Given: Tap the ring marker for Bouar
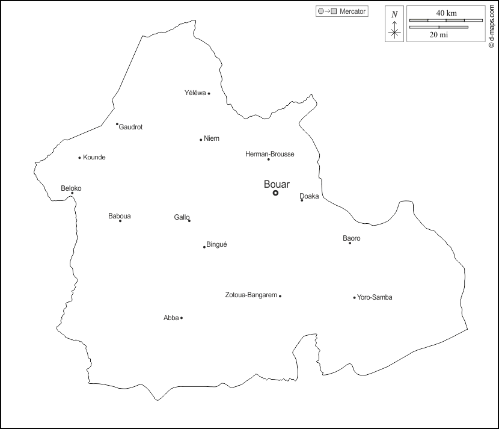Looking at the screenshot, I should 275,193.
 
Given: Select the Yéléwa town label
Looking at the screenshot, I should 195,93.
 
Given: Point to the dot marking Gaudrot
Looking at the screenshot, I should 117,124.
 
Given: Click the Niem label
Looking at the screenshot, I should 212,138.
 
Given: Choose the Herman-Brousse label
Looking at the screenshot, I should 270,154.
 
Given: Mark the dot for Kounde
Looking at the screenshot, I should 79,158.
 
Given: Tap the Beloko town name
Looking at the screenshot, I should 71,188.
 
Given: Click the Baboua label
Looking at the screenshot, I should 120,216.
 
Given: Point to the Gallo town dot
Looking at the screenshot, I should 189,221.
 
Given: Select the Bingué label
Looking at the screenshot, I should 216,244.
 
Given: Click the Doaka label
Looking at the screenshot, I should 309,196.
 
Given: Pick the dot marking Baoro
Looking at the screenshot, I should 350,243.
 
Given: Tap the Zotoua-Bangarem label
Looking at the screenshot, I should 251,295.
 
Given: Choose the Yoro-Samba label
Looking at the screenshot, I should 375,297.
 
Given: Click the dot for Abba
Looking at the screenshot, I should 182,318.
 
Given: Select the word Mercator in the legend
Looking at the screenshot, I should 353,11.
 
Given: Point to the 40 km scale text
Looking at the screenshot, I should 445,13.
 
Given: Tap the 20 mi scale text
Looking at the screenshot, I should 438,35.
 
